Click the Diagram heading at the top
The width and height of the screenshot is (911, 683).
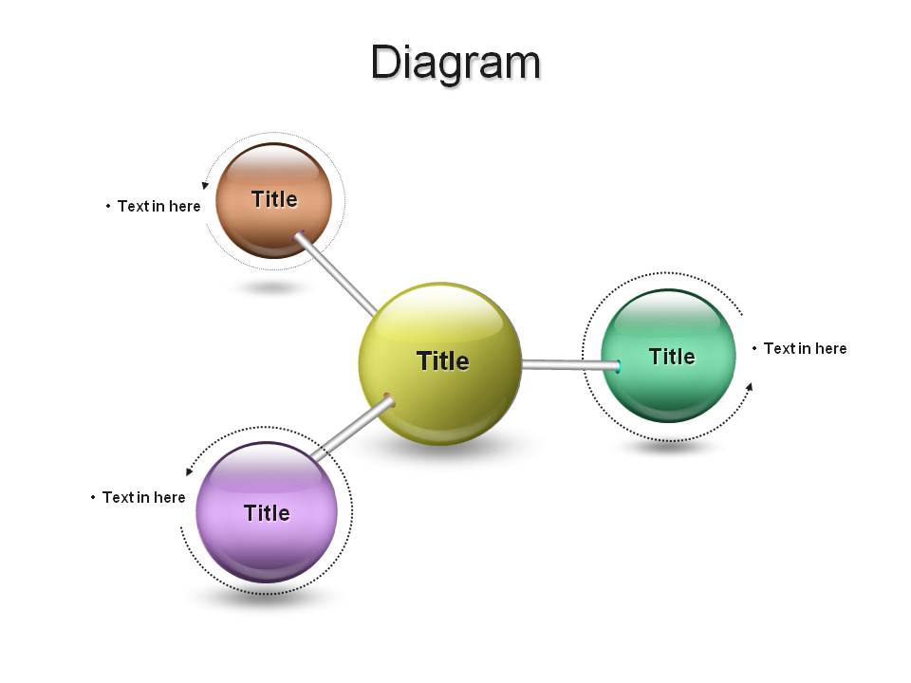tap(456, 63)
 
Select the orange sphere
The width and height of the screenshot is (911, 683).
tap(273, 200)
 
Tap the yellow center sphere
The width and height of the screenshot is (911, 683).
tap(439, 363)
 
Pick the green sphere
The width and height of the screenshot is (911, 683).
tap(668, 356)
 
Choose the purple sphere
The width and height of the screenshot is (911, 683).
tap(267, 512)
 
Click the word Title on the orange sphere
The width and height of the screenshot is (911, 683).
tap(274, 199)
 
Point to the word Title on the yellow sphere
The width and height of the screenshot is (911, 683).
tap(443, 360)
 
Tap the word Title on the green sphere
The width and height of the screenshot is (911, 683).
tap(672, 356)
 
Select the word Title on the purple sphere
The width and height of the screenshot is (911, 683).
tap(267, 513)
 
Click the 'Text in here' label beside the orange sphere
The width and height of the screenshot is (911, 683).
tap(158, 206)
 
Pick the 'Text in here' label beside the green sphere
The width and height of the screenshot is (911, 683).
tap(805, 348)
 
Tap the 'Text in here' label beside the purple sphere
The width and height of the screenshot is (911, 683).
tap(143, 497)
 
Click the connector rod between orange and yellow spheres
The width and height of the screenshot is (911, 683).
tap(336, 275)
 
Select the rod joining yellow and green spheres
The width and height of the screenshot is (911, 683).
tap(571, 365)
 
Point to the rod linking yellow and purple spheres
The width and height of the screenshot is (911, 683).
tap(352, 428)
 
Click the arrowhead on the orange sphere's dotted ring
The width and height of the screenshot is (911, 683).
tap(205, 185)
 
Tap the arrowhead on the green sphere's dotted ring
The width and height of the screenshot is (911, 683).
tap(750, 387)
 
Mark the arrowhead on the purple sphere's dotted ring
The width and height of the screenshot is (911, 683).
tap(189, 471)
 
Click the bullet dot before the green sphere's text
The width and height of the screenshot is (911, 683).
tap(754, 348)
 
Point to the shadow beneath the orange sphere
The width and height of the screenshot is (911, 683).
tap(272, 286)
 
